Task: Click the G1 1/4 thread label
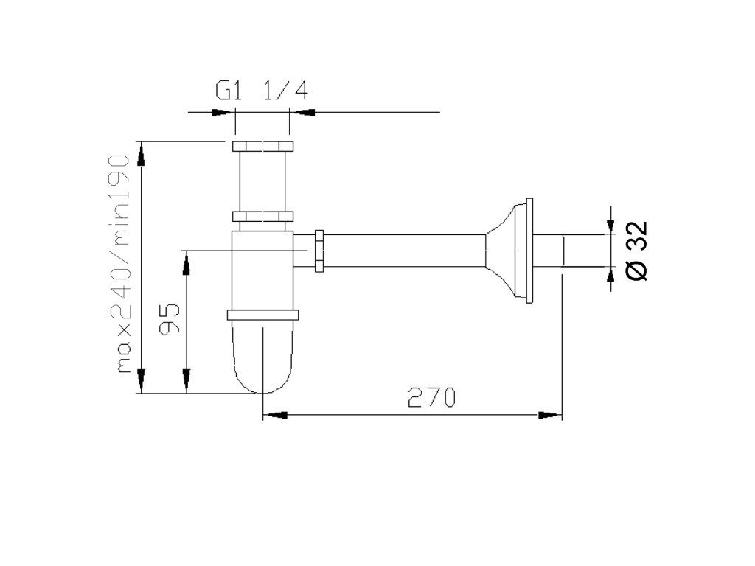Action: [x=262, y=90]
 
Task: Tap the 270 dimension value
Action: [x=431, y=397]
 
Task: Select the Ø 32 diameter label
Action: [x=636, y=251]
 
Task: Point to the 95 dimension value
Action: [x=170, y=318]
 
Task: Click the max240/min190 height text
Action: [x=120, y=264]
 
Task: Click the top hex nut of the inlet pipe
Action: [x=262, y=147]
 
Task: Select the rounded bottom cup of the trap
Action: [x=262, y=356]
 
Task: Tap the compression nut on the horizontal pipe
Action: [x=319, y=251]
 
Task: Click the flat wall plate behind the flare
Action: [x=529, y=251]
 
